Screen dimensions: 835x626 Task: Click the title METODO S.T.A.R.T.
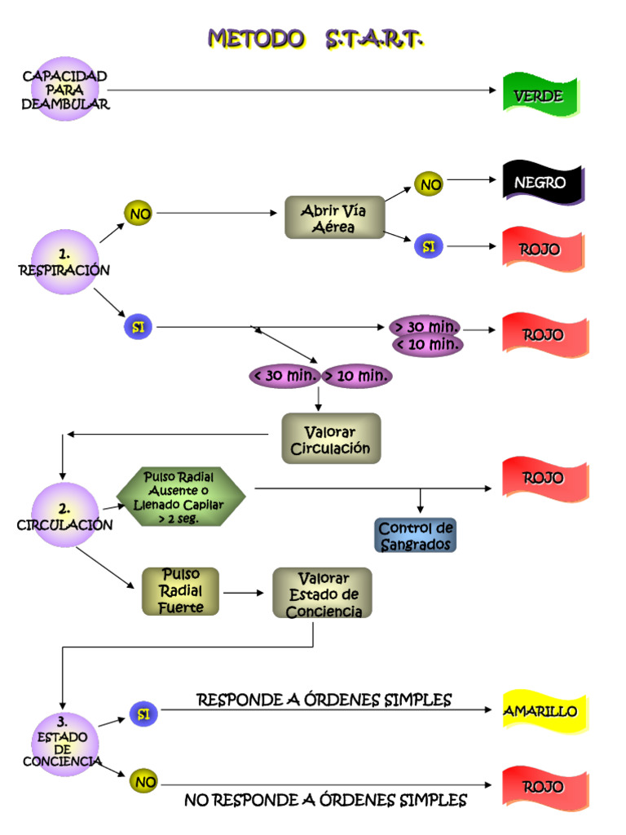(x=315, y=38)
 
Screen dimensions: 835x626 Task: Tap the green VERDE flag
(x=539, y=96)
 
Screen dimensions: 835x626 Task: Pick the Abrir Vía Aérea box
(x=334, y=219)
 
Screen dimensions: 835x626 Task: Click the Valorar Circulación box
(x=331, y=439)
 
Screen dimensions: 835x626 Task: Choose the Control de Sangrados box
(x=416, y=536)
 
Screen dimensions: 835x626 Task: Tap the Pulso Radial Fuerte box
(x=181, y=591)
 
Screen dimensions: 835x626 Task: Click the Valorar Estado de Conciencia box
(x=323, y=594)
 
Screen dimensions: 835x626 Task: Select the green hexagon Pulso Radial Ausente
(x=180, y=497)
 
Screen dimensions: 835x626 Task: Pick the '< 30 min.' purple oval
(x=284, y=376)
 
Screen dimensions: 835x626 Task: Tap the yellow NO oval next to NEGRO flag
(x=430, y=184)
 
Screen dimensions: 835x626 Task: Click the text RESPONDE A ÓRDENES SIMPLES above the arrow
(x=324, y=700)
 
